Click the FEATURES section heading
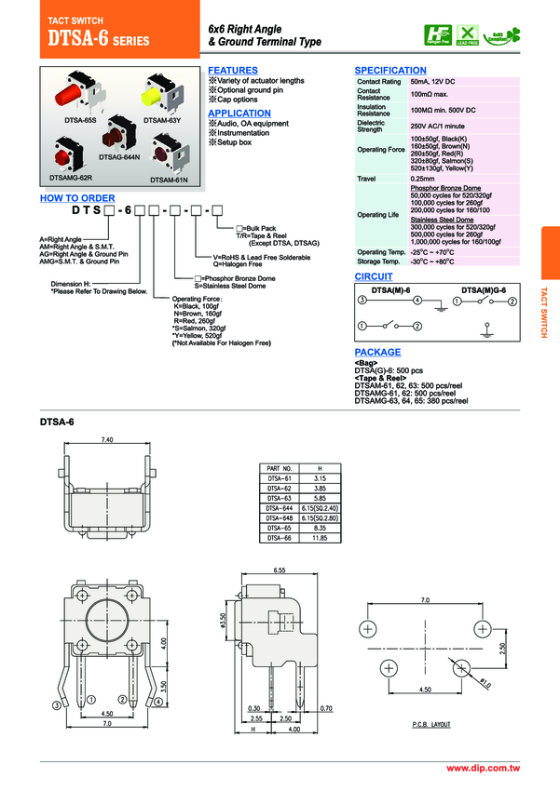click(232, 71)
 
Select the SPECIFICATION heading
click(390, 71)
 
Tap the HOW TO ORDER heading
click(77, 198)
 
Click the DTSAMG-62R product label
click(70, 177)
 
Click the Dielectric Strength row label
click(371, 126)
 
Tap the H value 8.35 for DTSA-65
click(320, 528)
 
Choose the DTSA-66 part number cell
click(280, 538)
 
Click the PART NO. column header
click(280, 467)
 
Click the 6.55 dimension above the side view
click(280, 569)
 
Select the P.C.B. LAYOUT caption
click(430, 723)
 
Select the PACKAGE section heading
click(377, 353)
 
